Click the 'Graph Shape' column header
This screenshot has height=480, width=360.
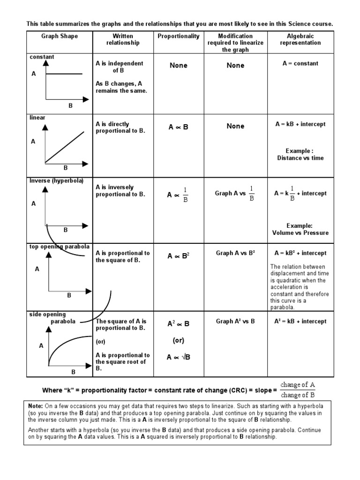point(60,36)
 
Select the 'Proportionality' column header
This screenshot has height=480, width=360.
point(178,36)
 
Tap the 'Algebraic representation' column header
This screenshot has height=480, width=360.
point(300,39)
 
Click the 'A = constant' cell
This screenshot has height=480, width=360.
point(300,63)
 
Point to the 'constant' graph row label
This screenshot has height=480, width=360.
point(42,57)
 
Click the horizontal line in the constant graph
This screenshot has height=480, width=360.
point(64,74)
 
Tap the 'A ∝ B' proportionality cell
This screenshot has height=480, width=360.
point(178,127)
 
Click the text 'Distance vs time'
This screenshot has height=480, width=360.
point(300,158)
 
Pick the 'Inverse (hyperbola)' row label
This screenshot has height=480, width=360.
point(56,180)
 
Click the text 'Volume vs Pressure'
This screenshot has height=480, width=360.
point(300,232)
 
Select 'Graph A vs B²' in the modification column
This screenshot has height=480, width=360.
point(235,253)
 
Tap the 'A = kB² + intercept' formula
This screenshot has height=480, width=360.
point(300,253)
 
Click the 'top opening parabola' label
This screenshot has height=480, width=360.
point(59,247)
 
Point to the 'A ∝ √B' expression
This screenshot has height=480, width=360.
point(178,357)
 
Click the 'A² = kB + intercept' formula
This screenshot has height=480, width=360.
point(300,322)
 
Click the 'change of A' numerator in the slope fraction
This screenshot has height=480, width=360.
point(298,385)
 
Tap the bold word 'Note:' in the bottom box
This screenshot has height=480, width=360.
point(36,405)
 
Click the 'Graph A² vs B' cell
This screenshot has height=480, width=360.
point(235,322)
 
